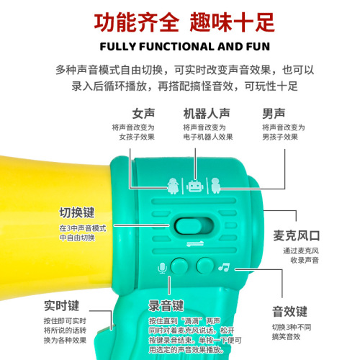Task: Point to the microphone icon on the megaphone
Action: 162,268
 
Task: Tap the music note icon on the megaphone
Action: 224,267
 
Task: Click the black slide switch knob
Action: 189,224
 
